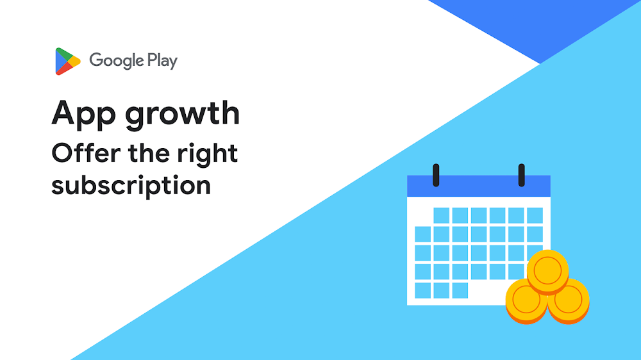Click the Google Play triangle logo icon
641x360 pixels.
click(67, 61)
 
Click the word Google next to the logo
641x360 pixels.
click(117, 61)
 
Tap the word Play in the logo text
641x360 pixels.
click(162, 61)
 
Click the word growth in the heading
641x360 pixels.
click(182, 114)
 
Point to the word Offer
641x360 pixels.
click(87, 153)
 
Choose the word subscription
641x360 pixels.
click(131, 186)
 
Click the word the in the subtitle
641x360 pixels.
click(149, 153)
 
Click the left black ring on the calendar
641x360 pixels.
click(436, 175)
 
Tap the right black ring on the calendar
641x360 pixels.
click(521, 175)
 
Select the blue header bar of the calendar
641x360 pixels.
click(479, 186)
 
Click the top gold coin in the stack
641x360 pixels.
click(548, 272)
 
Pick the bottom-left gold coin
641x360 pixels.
click(526, 301)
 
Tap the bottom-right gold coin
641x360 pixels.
click(569, 301)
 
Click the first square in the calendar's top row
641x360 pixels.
click(442, 215)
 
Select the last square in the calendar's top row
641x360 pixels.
click(535, 215)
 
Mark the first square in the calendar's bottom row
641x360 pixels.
click(422, 291)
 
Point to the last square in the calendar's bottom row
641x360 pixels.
click(460, 291)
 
